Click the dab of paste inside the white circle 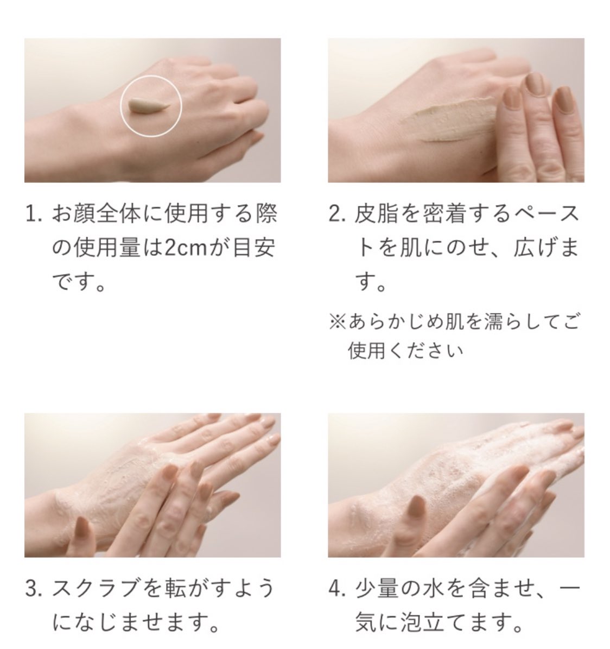coord(148,106)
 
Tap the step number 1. coord(31,215)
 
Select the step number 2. coord(335,215)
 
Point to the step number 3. coord(31,589)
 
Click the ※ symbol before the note coord(337,322)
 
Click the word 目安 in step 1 coord(254,248)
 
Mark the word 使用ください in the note coord(405,351)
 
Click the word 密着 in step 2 coord(444,215)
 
